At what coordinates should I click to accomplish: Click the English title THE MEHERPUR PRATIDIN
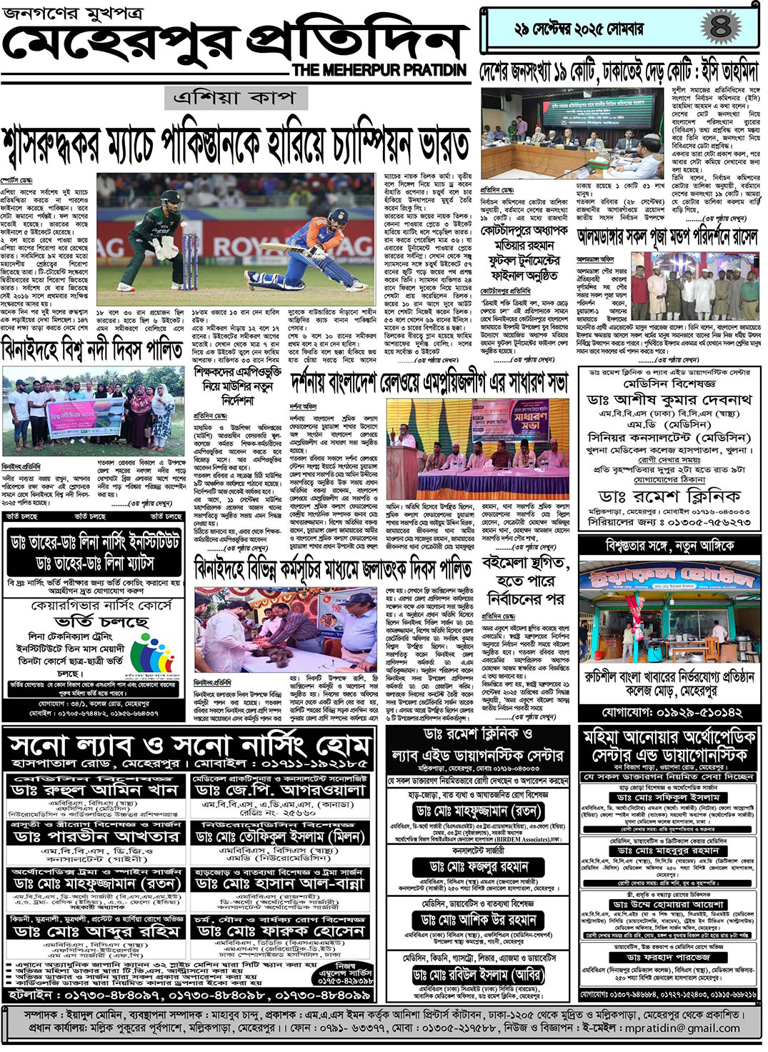click(379, 70)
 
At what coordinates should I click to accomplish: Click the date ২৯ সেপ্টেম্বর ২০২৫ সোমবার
click(579, 29)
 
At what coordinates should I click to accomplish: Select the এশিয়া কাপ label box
click(236, 98)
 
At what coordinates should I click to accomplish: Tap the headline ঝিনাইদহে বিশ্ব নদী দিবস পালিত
click(93, 350)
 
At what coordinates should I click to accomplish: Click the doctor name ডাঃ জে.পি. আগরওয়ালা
click(279, 790)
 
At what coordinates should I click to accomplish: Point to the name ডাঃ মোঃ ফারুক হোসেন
click(279, 931)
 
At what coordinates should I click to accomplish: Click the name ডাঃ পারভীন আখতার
click(96, 836)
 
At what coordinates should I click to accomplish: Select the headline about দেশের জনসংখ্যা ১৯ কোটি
click(619, 71)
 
